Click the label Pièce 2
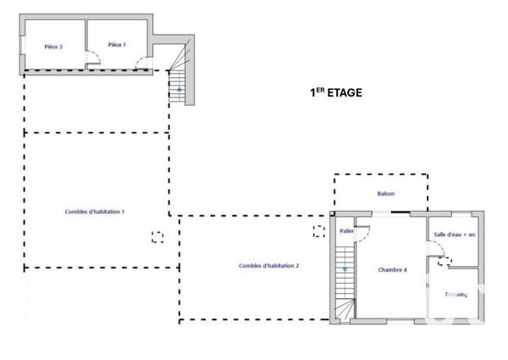click(x=53, y=47)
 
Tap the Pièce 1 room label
click(x=117, y=45)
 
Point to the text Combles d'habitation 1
click(x=96, y=212)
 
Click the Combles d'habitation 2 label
click(x=269, y=266)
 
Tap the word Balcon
click(x=386, y=194)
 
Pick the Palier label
click(x=345, y=230)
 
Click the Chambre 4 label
click(x=392, y=270)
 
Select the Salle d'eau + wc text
click(x=455, y=235)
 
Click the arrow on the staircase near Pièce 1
click(x=179, y=88)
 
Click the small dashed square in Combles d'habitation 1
click(x=157, y=237)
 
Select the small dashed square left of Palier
click(x=318, y=230)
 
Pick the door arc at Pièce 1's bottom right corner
click(x=145, y=66)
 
